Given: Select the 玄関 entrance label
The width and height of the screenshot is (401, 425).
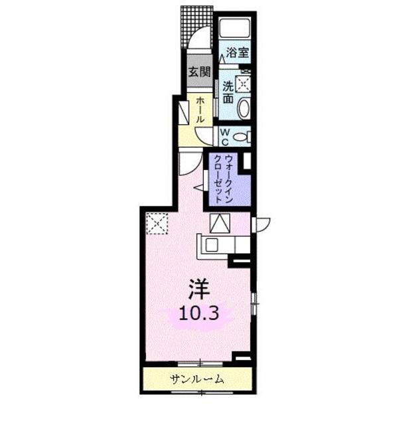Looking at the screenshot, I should click(197, 72).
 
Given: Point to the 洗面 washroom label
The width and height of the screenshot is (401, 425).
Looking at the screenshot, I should click(228, 91).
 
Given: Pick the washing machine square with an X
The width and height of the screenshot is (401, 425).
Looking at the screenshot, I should click(243, 84).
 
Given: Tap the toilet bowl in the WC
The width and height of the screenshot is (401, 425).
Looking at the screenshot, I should click(242, 137).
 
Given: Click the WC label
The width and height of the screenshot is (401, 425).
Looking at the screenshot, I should click(225, 137).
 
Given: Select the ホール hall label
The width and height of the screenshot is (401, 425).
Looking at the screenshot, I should click(200, 110).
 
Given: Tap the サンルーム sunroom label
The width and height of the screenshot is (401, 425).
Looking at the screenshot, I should click(197, 380).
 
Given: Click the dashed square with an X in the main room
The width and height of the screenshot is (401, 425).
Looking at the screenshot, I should click(157, 222).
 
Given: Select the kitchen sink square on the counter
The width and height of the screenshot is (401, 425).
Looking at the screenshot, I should click(211, 244).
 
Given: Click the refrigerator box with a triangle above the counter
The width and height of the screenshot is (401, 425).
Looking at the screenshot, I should click(219, 222).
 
